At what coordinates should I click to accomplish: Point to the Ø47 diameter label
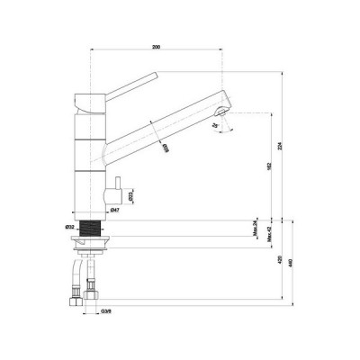click(x=115, y=210)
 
